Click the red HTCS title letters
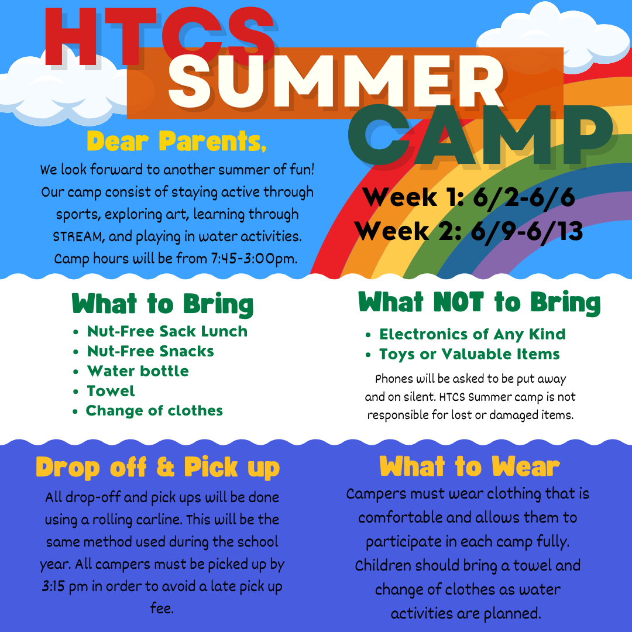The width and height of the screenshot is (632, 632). pyautogui.click(x=160, y=36)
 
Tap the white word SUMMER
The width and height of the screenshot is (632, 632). pyautogui.click(x=336, y=81)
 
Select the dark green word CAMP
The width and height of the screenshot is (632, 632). pyautogui.click(x=480, y=136)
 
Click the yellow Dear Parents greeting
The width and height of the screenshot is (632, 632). pyautogui.click(x=177, y=141)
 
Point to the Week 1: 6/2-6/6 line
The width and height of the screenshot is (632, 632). pyautogui.click(x=469, y=197)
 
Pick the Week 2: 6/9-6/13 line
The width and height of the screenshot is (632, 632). pyautogui.click(x=469, y=231)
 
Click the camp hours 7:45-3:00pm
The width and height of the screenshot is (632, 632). pyautogui.click(x=254, y=259)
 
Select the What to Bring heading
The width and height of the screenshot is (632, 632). pyautogui.click(x=163, y=304)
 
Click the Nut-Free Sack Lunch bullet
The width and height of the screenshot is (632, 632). pyautogui.click(x=167, y=331)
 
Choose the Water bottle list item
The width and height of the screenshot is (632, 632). pyautogui.click(x=138, y=371)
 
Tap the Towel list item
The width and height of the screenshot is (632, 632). pyautogui.click(x=111, y=391)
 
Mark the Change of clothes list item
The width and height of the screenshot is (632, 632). pyautogui.click(x=154, y=411)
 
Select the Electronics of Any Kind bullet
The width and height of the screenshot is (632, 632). pyautogui.click(x=472, y=334)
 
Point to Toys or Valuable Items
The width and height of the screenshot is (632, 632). pyautogui.click(x=469, y=354)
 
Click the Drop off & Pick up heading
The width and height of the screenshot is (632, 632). pyautogui.click(x=157, y=468)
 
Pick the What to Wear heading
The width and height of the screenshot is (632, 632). pyautogui.click(x=469, y=467)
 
